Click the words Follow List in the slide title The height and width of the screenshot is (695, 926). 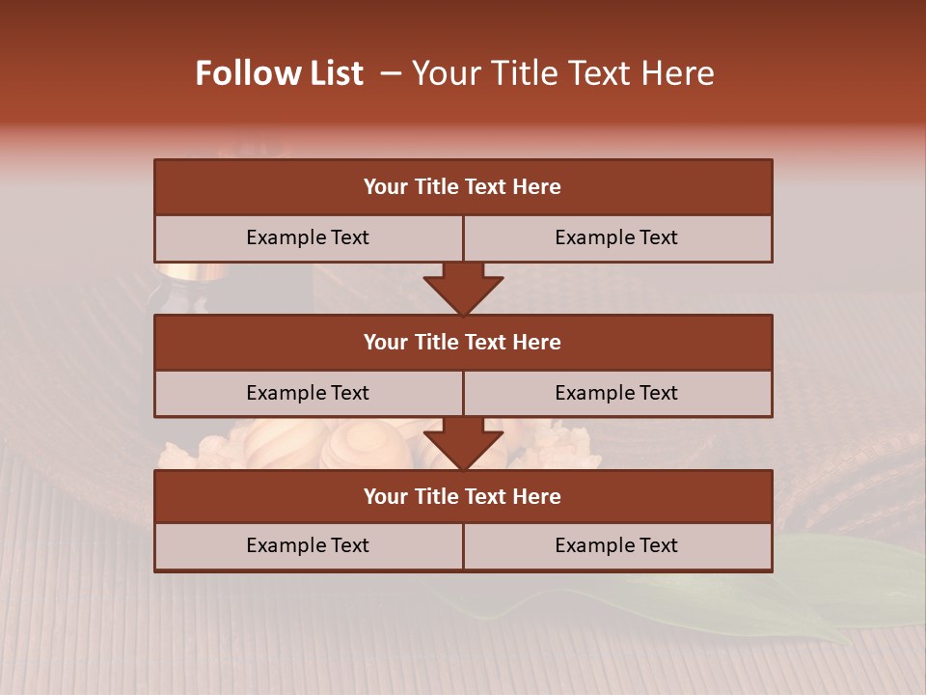point(279,74)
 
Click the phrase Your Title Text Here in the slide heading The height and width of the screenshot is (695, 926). point(562,74)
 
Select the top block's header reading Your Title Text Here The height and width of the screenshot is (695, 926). point(462,187)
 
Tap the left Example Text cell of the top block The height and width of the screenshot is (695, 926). point(308,237)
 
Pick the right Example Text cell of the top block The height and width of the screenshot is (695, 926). point(616,237)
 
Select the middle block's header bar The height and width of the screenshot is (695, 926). point(462,342)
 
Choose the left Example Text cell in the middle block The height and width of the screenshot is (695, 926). point(308,393)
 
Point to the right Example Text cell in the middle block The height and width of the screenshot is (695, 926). point(616,393)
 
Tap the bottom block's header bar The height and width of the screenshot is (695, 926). point(462,496)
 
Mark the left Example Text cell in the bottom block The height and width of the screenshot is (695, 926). point(308,545)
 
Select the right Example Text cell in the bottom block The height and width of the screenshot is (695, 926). point(616,545)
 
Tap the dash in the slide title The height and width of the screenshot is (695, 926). point(391,74)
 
